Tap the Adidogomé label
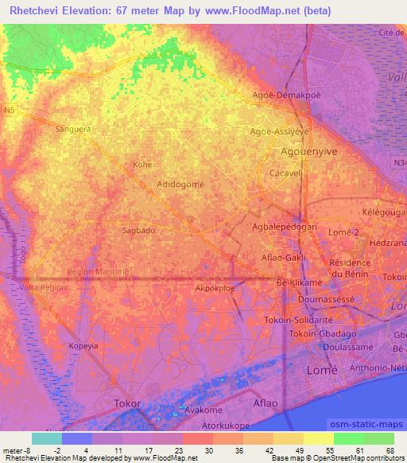click(181, 183)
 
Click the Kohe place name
click(142, 165)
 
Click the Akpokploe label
click(215, 290)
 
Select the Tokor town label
click(128, 403)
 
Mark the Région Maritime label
click(97, 271)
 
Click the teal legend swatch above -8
click(47, 438)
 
